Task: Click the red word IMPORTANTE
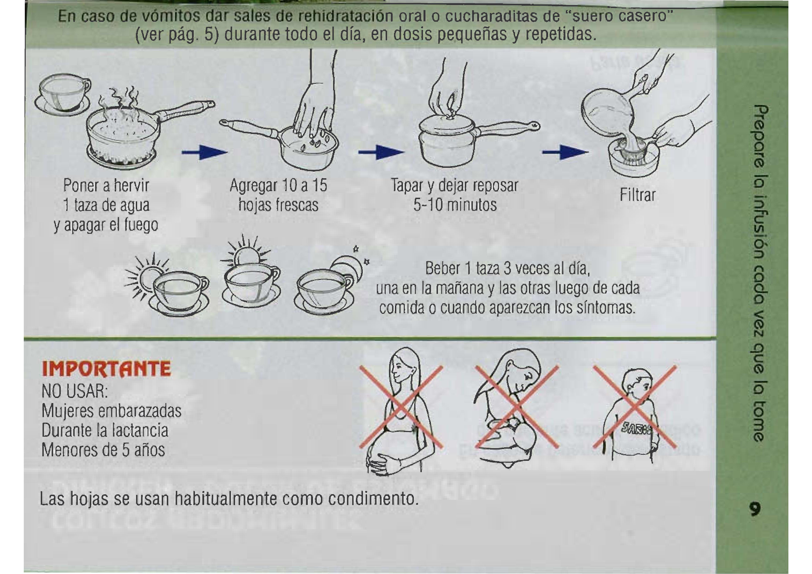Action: pyautogui.click(x=106, y=369)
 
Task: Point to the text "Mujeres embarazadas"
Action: pyautogui.click(x=111, y=411)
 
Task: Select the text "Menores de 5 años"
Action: pyautogui.click(x=103, y=450)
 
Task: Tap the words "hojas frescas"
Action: pyautogui.click(x=279, y=205)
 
